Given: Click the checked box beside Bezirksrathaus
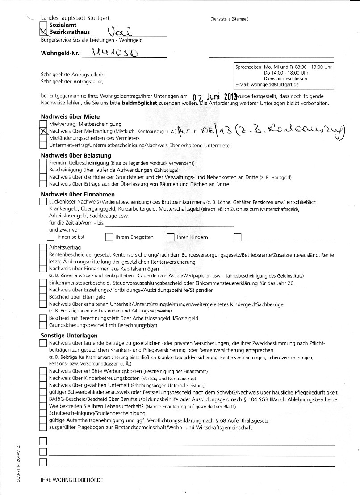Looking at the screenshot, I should click(43, 32).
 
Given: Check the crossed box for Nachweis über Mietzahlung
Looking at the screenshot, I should click(43, 131).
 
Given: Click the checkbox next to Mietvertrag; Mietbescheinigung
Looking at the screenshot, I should click(43, 124).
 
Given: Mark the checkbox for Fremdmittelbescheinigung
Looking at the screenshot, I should click(43, 163).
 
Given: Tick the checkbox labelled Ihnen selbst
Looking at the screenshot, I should click(51, 237).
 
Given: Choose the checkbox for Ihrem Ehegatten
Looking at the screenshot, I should click(109, 237).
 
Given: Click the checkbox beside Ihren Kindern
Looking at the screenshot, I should click(170, 237).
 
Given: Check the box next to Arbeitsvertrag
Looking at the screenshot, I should click(43, 247).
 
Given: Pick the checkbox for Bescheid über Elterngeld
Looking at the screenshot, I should click(43, 296).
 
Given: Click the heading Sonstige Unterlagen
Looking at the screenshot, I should click(69, 335).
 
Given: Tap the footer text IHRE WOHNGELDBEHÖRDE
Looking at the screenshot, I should click(71, 480).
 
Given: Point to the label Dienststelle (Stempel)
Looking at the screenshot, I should click(229, 19).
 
